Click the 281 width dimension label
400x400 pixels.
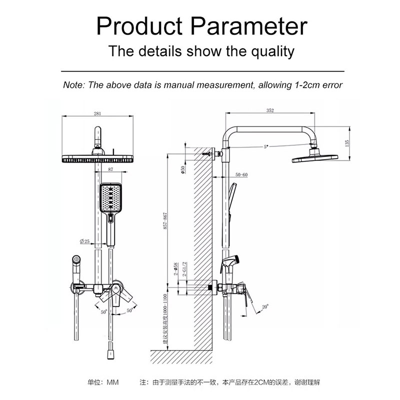[x=97, y=113]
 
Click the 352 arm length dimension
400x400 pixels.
[x=270, y=111]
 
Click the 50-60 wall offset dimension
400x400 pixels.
[x=240, y=174]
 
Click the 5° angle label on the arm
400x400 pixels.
[x=265, y=147]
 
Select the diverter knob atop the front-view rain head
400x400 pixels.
[x=98, y=136]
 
